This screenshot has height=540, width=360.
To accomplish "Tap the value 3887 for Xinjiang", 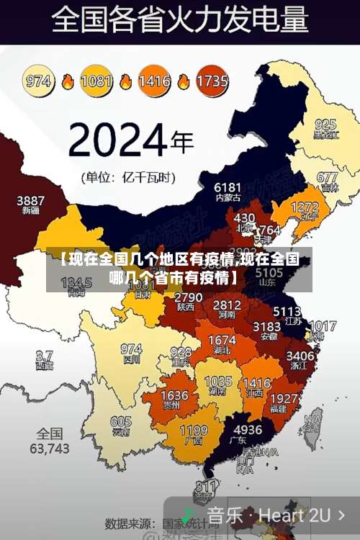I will tap(30, 200).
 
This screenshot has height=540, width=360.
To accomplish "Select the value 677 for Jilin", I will tap(327, 177).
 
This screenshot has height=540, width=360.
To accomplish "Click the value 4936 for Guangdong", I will tap(248, 429).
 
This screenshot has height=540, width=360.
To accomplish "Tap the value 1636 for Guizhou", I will tap(174, 395).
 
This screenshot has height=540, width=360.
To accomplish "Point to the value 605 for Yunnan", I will tap(121, 422).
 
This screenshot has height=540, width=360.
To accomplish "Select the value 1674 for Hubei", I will tap(222, 340).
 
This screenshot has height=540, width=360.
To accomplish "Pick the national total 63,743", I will tap(50, 448).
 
